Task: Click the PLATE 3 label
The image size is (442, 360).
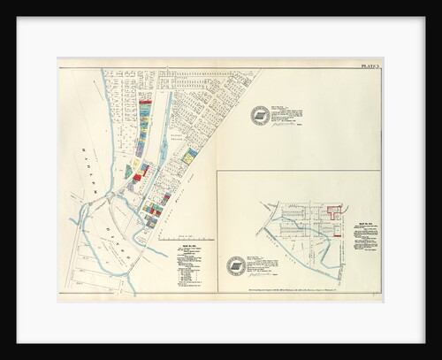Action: pyautogui.click(x=370, y=66)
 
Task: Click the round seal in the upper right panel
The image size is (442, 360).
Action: pyautogui.click(x=259, y=115)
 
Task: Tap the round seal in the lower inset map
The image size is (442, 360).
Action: pyautogui.click(x=236, y=265)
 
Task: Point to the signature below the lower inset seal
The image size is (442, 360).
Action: pyautogui.click(x=262, y=276)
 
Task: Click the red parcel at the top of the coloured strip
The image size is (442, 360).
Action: pyautogui.click(x=146, y=103)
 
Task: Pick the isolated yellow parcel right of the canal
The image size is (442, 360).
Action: pyautogui.click(x=189, y=156)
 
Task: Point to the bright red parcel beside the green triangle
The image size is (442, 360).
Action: pyautogui.click(x=137, y=177)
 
